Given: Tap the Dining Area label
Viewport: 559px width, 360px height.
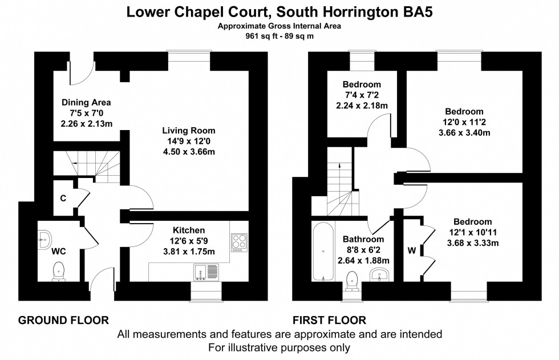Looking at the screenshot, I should coord(86,103).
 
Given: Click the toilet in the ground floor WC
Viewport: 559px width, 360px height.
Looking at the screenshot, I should coord(58,272).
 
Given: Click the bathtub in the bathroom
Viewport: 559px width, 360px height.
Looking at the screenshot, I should coord(323,251).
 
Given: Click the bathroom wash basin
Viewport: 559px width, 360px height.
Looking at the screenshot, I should coord(380,276).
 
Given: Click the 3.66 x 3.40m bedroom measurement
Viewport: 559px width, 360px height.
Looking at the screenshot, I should coord(464,133).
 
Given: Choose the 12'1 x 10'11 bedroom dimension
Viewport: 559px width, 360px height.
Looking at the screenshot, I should coord(472,233).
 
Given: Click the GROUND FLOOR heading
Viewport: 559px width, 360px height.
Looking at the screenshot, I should coord(63,320).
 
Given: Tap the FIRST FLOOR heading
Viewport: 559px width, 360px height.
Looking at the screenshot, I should coord(329,320).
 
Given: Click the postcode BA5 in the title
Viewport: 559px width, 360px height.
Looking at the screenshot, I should coord(420,11).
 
